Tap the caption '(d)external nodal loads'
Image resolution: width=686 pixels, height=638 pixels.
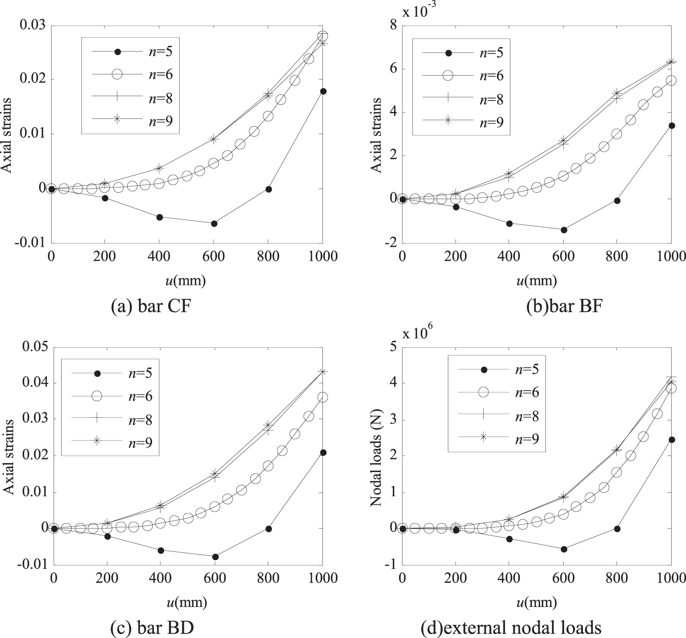[x=510, y=628]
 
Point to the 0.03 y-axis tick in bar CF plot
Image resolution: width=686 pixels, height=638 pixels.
[x=33, y=25]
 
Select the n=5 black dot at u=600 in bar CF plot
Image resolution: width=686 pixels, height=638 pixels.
[x=214, y=224]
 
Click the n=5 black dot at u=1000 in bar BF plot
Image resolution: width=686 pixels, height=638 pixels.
[x=672, y=126]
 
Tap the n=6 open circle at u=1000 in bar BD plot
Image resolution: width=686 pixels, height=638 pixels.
[x=323, y=397]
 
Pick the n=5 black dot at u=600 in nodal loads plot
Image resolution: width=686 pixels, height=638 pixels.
[x=564, y=549]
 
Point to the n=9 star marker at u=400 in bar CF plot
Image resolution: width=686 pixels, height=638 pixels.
[x=159, y=168]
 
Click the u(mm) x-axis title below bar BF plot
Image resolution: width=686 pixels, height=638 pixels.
[x=537, y=281]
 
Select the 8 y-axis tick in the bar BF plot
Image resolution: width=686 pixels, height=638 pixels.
[x=393, y=25]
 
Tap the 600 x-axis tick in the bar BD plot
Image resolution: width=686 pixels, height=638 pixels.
[x=214, y=578]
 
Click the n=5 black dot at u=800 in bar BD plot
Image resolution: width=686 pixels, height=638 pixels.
[x=269, y=529]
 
